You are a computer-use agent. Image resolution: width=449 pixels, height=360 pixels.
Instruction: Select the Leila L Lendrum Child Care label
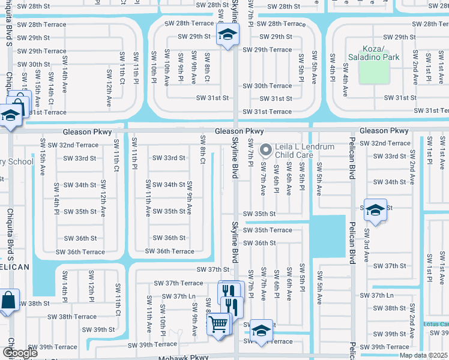click(x=303, y=151)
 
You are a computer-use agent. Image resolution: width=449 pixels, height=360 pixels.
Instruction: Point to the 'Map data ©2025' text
click(x=423, y=355)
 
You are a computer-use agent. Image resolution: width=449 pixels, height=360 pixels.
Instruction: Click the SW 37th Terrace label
click(x=178, y=283)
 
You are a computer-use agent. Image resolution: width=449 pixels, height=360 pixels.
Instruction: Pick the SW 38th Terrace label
click(x=72, y=316)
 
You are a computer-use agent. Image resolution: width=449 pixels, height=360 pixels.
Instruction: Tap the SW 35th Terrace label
click(x=268, y=230)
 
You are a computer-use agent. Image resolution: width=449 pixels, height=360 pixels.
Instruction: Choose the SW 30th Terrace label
click(x=267, y=86)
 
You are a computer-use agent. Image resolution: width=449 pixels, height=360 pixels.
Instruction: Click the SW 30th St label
click(x=34, y=64)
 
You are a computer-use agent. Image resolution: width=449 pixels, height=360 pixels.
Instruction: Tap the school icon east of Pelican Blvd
click(x=375, y=210)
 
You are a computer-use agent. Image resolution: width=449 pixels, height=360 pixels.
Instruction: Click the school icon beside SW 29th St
click(x=227, y=36)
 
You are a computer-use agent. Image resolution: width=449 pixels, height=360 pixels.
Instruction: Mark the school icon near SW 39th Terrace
click(x=261, y=329)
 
